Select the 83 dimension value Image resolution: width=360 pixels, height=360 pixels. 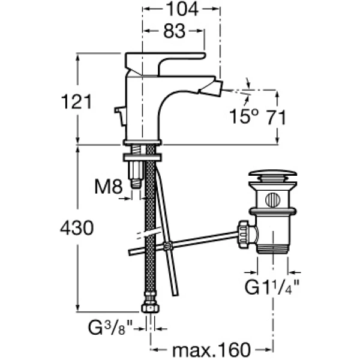click(x=173, y=33)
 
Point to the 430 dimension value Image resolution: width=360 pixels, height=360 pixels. click(x=76, y=228)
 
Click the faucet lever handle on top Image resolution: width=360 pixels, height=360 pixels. click(x=162, y=61)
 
